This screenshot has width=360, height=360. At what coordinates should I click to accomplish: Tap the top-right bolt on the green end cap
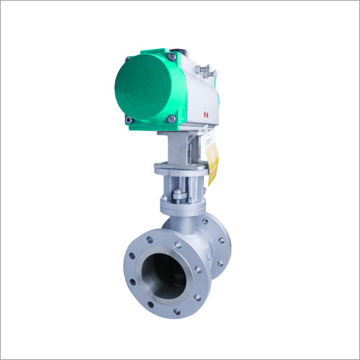click(x=171, y=56)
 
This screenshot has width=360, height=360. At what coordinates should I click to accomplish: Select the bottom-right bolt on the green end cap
click(x=172, y=119)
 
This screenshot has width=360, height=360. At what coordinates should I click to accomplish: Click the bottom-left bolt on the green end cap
click(x=129, y=120)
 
